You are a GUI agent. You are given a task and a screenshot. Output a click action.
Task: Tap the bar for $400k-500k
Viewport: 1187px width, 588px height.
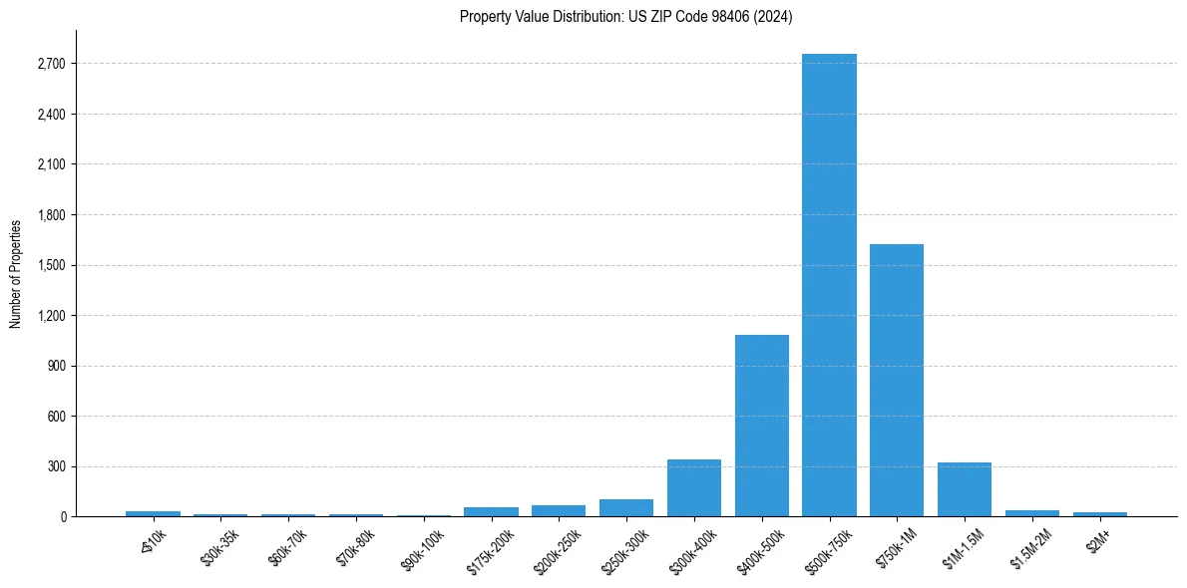pos(762,426)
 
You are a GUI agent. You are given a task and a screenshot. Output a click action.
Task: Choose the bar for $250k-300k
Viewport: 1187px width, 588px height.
pos(626,507)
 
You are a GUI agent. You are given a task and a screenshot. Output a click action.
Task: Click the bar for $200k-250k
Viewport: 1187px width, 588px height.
pos(559,510)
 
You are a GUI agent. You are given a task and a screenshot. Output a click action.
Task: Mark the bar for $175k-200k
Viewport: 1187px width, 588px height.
pos(491,511)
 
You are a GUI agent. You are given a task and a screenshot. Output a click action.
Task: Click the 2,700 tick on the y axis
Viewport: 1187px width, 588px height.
pos(51,64)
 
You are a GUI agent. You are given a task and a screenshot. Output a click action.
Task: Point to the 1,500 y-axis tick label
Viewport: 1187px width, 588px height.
pos(51,265)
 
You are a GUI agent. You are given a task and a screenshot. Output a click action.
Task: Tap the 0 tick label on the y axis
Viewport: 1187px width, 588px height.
pos(62,517)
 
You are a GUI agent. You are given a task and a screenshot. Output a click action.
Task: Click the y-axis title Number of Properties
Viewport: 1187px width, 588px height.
pos(15,273)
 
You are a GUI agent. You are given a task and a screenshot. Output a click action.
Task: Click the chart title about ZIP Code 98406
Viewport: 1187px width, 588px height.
pos(626,17)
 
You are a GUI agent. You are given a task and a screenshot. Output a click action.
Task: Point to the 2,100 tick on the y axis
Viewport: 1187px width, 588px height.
pos(51,164)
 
